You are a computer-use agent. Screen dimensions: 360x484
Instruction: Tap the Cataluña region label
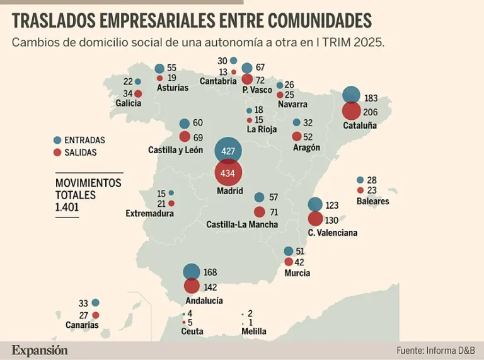tap(359, 125)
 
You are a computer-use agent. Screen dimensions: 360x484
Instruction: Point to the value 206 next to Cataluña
tap(371, 112)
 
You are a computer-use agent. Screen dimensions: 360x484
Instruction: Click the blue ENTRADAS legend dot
tap(58, 140)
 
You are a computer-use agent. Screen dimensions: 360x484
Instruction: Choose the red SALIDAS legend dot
tap(58, 152)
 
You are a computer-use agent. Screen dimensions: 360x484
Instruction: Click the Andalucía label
tap(204, 301)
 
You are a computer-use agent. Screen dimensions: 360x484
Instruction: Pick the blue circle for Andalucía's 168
tap(192, 272)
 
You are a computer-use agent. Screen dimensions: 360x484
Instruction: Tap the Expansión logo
tap(39, 350)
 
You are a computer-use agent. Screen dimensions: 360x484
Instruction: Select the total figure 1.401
tap(67, 207)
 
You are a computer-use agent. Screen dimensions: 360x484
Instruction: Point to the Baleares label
tap(372, 202)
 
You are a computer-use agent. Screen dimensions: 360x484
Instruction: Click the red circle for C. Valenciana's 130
tap(315, 219)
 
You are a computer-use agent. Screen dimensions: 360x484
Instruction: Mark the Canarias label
tap(82, 325)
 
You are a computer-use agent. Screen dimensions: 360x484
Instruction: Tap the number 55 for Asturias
tap(171, 67)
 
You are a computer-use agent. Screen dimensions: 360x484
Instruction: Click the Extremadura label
tap(149, 214)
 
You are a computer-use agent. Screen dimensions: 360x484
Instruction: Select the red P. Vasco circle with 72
tap(247, 80)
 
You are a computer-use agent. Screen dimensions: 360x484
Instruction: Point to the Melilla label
tap(254, 332)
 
